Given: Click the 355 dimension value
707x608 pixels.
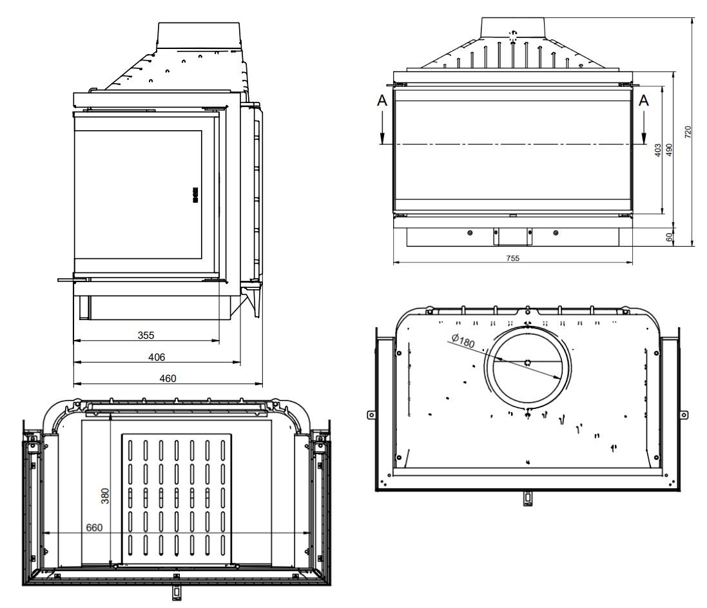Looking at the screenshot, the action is [x=146, y=336].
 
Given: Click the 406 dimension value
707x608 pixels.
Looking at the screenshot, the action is [x=157, y=357].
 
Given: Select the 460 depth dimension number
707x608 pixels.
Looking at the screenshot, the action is [x=168, y=379].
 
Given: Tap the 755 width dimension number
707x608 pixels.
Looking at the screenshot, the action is [x=512, y=258].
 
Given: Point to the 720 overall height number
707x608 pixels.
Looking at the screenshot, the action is [x=688, y=131].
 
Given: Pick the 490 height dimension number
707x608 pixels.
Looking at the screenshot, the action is [x=669, y=149].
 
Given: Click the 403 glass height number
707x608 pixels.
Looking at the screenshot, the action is [x=658, y=149].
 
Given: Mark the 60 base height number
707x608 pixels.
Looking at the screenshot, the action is [x=669, y=236].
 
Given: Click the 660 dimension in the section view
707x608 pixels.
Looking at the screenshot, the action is [x=94, y=527].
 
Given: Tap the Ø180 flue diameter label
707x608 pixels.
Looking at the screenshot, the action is [x=463, y=341].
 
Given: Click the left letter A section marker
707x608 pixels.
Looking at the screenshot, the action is [x=382, y=100].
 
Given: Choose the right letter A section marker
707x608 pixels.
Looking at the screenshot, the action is [x=644, y=100].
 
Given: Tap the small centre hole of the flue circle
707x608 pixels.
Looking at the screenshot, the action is [x=528, y=362].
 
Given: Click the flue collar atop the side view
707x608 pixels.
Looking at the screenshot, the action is [x=199, y=37].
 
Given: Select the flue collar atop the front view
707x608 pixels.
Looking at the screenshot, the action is [x=513, y=26].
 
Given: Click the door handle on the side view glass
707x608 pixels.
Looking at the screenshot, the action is [x=195, y=195].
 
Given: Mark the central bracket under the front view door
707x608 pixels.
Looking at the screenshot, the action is [x=512, y=236].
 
